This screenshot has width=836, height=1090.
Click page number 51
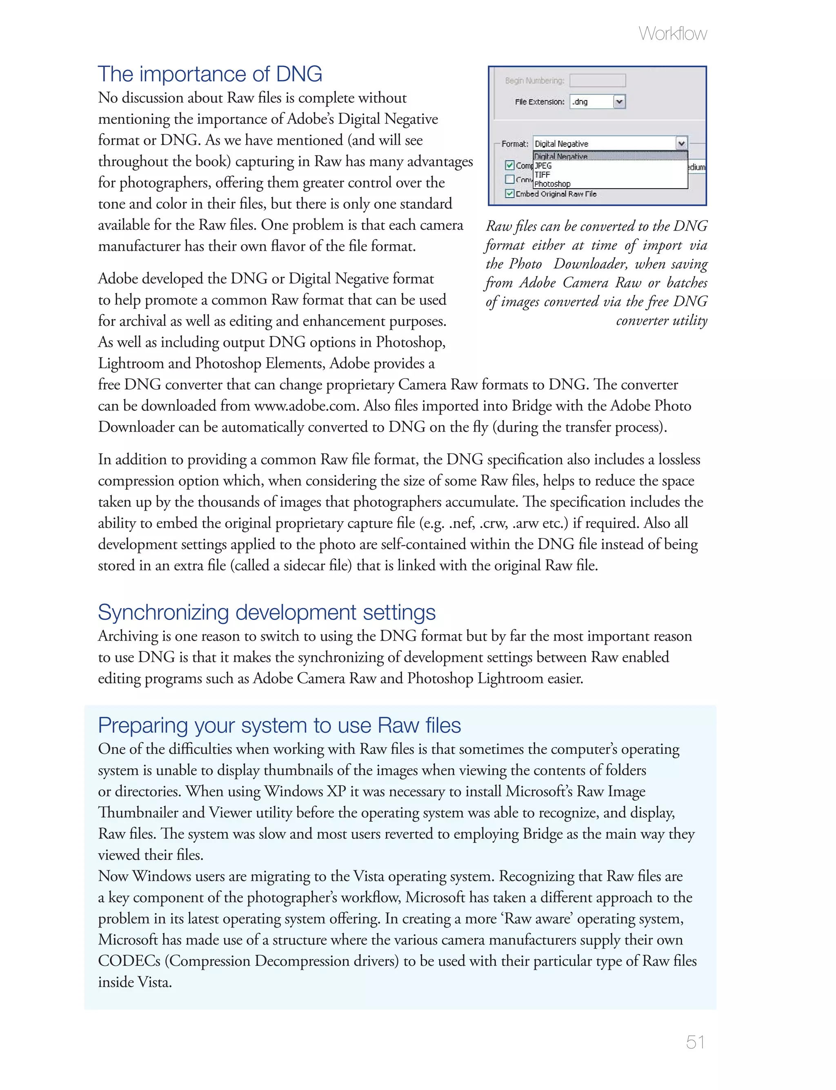pos(695,1042)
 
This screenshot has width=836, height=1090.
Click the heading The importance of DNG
pos(210,74)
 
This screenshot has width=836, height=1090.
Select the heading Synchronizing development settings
pos(267,612)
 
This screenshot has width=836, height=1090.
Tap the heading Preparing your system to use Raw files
pos(279,725)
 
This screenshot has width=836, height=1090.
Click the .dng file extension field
pos(591,102)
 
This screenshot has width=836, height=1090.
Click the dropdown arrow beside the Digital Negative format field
pos(681,144)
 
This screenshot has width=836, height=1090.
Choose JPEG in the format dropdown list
pos(543,166)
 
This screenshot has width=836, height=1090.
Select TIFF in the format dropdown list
pos(542,175)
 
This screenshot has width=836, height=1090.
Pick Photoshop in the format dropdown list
pos(552,184)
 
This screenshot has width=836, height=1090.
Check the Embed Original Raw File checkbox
pos(509,194)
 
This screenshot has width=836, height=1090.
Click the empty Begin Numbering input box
pos(597,80)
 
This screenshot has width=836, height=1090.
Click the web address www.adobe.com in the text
pos(305,406)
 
